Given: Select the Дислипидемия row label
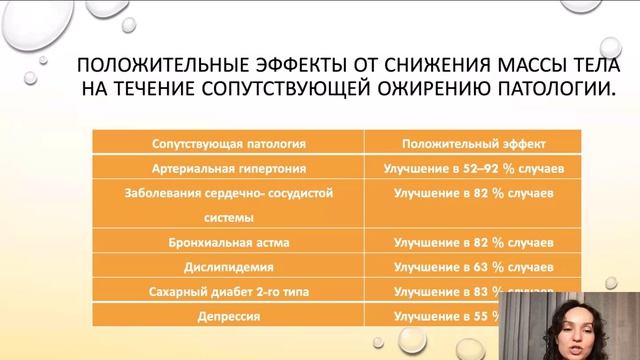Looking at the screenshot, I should pos(229,268).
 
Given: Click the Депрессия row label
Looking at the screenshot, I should pos(229,316).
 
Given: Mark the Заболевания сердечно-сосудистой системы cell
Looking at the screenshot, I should pos(228,204).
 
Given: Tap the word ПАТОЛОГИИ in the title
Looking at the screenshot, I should pos(549,92).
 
